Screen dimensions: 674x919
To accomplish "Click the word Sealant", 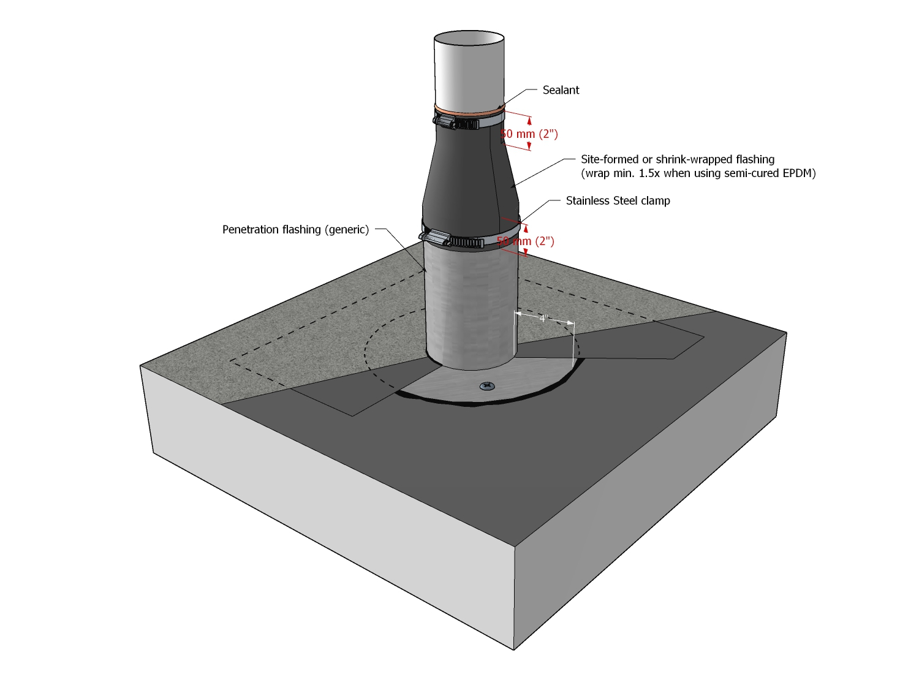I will [561, 90].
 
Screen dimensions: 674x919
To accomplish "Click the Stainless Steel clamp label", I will [618, 201].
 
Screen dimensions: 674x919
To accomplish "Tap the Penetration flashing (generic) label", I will [295, 230].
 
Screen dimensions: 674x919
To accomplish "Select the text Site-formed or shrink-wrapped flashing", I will [678, 159].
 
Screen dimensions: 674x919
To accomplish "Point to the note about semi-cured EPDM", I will [698, 173].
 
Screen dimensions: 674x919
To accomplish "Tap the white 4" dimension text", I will [543, 319].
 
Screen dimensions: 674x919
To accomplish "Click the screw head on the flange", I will [488, 386].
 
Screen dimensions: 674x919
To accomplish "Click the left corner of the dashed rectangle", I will [231, 361].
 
